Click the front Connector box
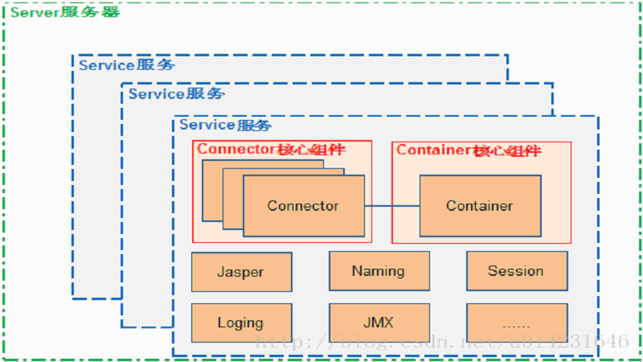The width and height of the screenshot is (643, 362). tap(303, 206)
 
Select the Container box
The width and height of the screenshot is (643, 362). tap(479, 206)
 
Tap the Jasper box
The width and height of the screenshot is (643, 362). tap(241, 272)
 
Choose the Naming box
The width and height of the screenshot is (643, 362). tap(379, 271)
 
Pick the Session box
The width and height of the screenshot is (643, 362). tap(516, 271)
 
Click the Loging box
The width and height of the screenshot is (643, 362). tap(241, 323)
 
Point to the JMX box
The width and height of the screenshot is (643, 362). tap(379, 323)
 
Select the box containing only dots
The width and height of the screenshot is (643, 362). tap(516, 323)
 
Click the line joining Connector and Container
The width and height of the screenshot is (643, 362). tap(391, 206)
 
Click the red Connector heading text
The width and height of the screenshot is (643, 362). tap(271, 150)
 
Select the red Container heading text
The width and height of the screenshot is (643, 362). tap(469, 150)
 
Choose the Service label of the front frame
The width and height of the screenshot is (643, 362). tap(226, 125)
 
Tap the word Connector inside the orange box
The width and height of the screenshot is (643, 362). tap(303, 206)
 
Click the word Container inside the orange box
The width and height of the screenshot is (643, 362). tap(479, 206)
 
